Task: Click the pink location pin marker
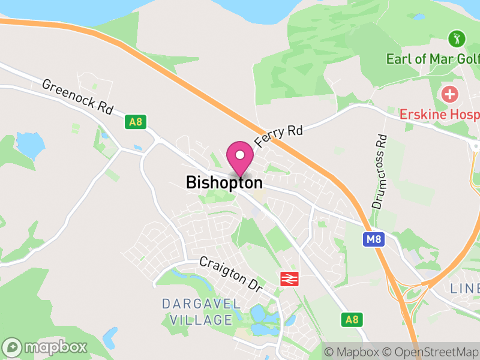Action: tap(240, 157)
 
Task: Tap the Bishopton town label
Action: tap(224, 182)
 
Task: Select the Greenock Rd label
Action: tap(77, 97)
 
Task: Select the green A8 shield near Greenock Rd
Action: tap(135, 122)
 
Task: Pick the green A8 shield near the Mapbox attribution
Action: tap(352, 320)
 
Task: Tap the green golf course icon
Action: tap(457, 40)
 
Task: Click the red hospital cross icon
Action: tap(449, 94)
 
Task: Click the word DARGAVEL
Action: tap(201, 304)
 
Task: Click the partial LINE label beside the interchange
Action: tap(465, 289)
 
